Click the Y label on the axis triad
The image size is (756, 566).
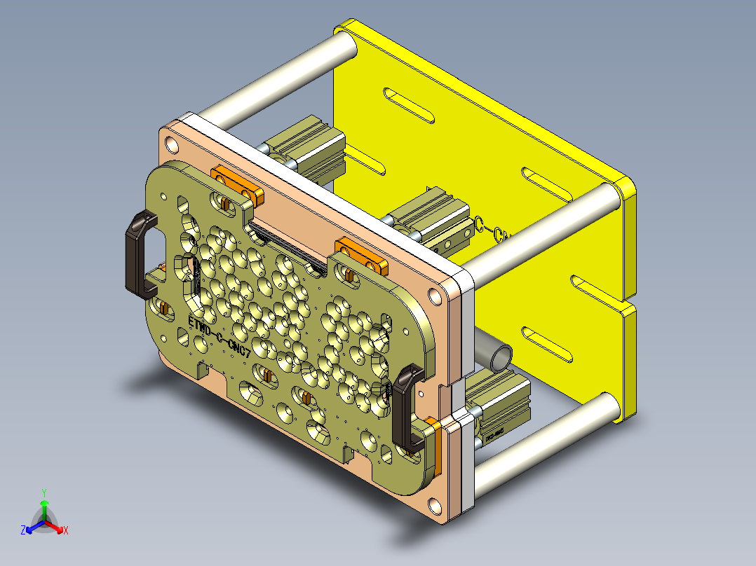click(x=43, y=492)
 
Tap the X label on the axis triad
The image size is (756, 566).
click(x=66, y=531)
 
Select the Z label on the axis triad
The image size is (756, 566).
click(x=22, y=531)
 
